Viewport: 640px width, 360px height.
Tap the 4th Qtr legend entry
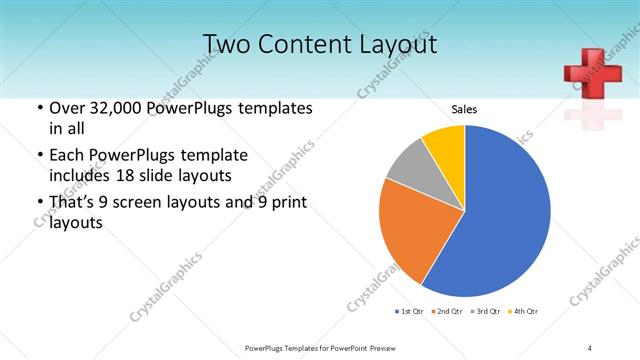(524, 312)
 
